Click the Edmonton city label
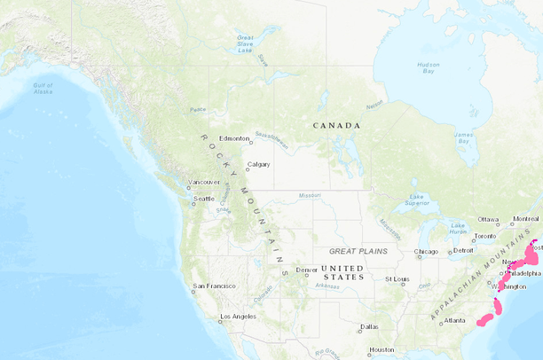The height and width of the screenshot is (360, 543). click(234, 138)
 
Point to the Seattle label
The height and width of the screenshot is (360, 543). click(204, 199)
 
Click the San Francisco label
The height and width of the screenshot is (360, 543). click(215, 286)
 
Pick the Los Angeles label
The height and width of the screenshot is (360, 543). click(238, 317)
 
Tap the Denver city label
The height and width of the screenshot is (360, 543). click(307, 270)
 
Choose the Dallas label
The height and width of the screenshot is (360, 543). click(369, 326)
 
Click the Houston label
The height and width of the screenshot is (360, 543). click(382, 349)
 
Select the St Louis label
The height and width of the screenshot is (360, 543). click(396, 279)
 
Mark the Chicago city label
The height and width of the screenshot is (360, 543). click(426, 252)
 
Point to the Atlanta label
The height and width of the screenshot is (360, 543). click(454, 320)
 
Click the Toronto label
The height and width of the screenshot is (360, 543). click(484, 237)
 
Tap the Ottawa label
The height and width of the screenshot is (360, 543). click(488, 219)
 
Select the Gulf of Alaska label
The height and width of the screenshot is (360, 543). click(43, 88)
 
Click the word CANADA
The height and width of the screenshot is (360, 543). click(336, 125)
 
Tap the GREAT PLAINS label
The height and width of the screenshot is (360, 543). click(358, 251)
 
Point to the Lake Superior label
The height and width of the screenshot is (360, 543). click(417, 200)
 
